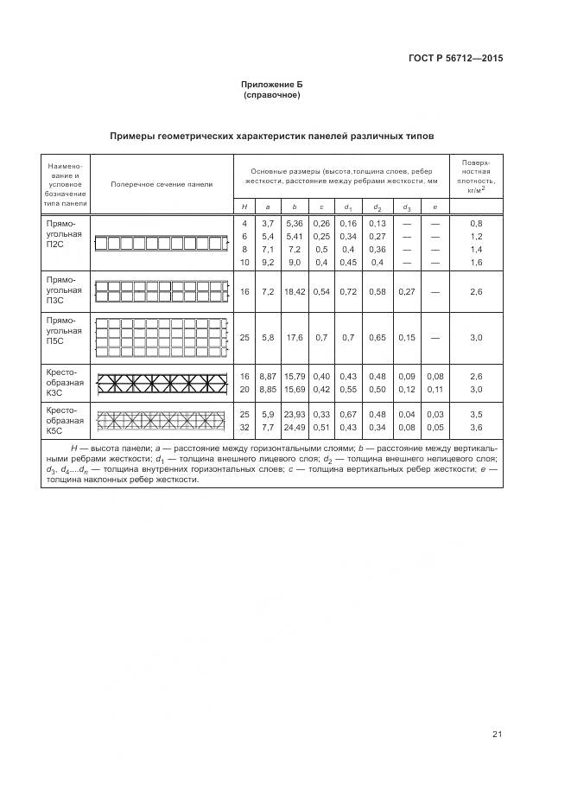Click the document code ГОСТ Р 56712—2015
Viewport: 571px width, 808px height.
point(455,60)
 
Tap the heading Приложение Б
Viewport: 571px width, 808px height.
point(272,85)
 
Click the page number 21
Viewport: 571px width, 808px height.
point(498,735)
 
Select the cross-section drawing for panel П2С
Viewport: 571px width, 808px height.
point(161,243)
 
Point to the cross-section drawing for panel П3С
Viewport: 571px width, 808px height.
point(161,292)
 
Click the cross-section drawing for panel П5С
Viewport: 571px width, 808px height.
point(161,337)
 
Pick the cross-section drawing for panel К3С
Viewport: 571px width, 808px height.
point(161,382)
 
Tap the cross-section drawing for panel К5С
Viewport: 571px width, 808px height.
point(161,420)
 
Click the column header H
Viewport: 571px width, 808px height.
point(244,207)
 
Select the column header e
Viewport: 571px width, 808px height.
point(435,207)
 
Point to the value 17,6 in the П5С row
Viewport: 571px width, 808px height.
point(295,337)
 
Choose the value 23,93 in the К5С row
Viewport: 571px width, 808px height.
point(295,415)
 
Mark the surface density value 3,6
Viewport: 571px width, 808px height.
point(475,427)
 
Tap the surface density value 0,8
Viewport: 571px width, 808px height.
point(475,224)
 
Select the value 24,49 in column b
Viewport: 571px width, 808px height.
point(295,427)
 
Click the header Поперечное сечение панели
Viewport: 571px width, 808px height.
point(162,184)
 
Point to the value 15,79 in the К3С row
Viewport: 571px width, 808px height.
point(295,377)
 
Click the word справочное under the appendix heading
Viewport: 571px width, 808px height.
point(272,95)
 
